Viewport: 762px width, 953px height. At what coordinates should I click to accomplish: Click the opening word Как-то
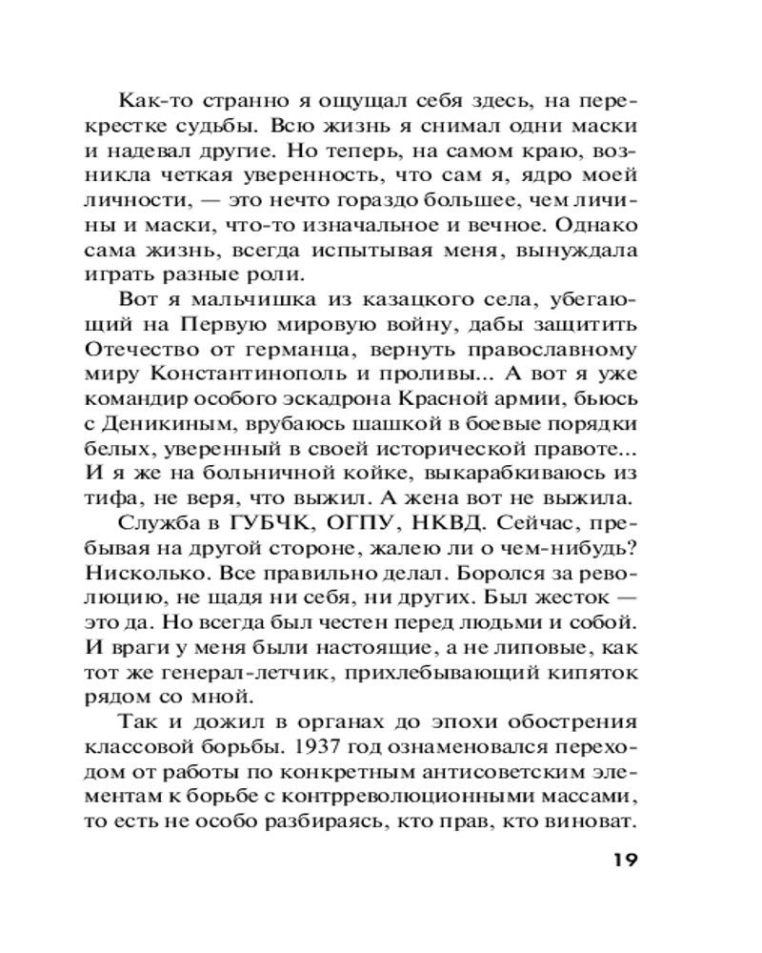[x=150, y=98]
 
